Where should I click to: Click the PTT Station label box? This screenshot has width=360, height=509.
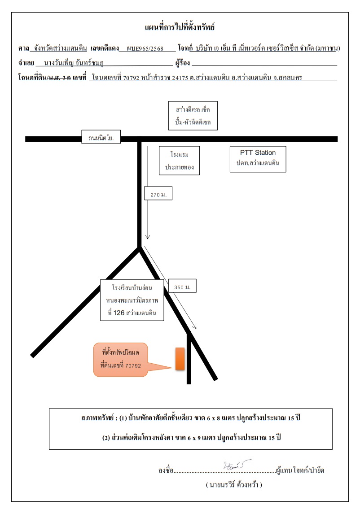coord(258,159)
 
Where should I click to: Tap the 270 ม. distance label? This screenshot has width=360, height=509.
coord(158,193)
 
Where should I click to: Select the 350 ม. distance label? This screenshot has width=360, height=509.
coord(182,286)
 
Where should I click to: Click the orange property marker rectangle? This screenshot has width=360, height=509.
coord(180,359)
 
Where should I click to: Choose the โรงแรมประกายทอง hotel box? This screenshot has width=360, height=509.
coord(180,161)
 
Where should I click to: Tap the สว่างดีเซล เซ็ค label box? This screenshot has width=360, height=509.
coord(193,116)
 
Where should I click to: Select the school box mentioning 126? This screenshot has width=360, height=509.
coord(132,300)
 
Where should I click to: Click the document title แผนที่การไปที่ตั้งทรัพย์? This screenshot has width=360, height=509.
coord(180,27)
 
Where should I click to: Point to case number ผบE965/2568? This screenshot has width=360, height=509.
coord(145,48)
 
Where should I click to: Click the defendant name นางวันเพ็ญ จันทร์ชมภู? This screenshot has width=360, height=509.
coord(74,63)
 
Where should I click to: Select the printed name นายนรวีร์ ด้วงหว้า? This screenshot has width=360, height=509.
coord(234,485)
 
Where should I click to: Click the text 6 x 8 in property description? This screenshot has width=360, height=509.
coord(214,418)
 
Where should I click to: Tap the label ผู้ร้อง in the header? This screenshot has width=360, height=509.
coord(183,63)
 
